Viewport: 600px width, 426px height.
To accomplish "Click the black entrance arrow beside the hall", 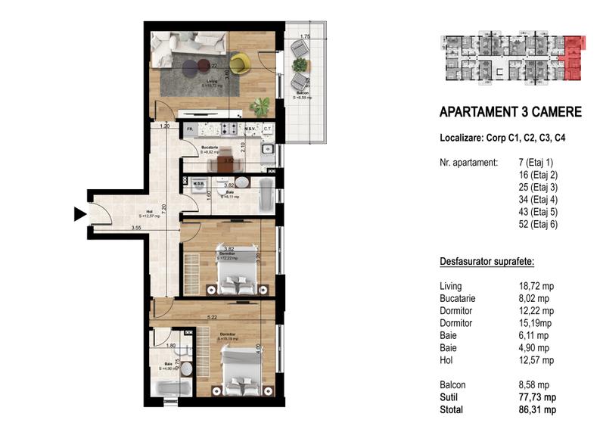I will (x=79, y=215).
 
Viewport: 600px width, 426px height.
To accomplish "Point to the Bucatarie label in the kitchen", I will (x=211, y=148).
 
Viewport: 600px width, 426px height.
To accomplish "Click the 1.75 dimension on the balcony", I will (x=306, y=37).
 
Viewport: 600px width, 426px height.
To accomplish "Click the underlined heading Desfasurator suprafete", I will (x=487, y=262).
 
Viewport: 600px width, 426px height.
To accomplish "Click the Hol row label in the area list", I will (x=446, y=360).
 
